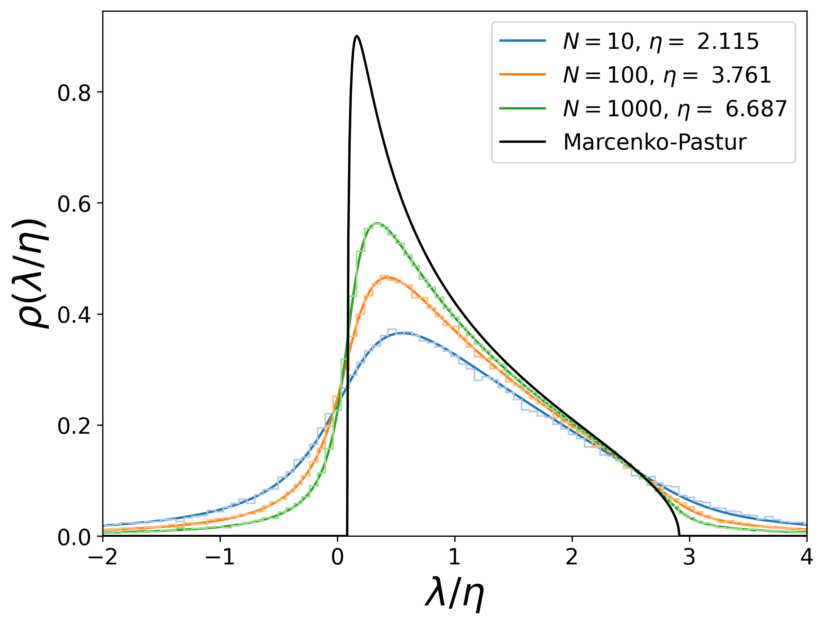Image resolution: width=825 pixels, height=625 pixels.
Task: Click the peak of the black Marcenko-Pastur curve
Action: tap(356, 36)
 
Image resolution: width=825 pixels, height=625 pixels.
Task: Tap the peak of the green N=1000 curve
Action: tap(377, 223)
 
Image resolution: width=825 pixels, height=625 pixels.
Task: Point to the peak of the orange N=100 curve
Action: tap(386, 278)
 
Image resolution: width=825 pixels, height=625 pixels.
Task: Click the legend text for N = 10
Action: tap(661, 41)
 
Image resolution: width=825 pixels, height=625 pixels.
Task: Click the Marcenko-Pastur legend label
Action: tap(655, 142)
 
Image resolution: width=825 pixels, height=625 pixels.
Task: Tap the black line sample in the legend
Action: tap(522, 142)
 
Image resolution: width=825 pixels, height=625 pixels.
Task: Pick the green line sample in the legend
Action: tap(522, 109)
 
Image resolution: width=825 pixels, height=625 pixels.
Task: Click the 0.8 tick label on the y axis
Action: tap(74, 92)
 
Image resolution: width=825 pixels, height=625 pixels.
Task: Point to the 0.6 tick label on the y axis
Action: tap(74, 203)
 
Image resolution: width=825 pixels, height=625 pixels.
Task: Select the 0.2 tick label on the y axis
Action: tap(74, 426)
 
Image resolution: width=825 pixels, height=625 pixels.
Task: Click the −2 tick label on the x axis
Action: tap(103, 557)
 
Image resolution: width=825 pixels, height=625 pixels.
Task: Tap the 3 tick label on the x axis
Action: tap(689, 557)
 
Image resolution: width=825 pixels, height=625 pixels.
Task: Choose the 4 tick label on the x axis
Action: tap(806, 557)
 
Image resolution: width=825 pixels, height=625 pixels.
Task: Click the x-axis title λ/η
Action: tap(454, 593)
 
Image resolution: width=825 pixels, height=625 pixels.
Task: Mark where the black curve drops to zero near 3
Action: tap(679, 534)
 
